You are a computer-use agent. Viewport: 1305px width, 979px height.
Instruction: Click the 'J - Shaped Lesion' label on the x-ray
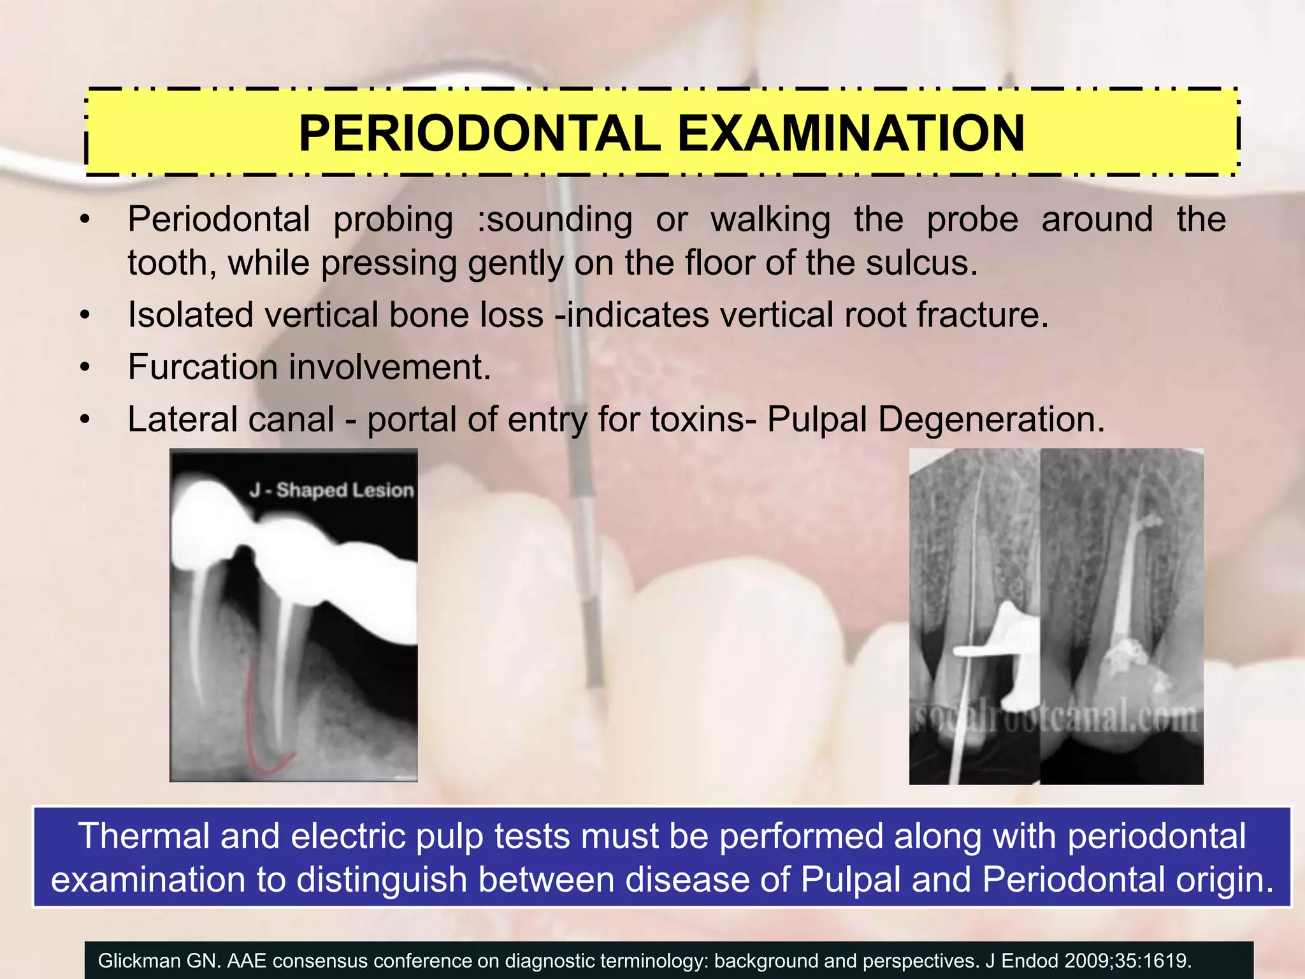[331, 489]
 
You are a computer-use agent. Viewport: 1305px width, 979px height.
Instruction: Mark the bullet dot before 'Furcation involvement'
[85, 368]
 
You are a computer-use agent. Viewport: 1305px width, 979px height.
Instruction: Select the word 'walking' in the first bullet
[770, 219]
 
